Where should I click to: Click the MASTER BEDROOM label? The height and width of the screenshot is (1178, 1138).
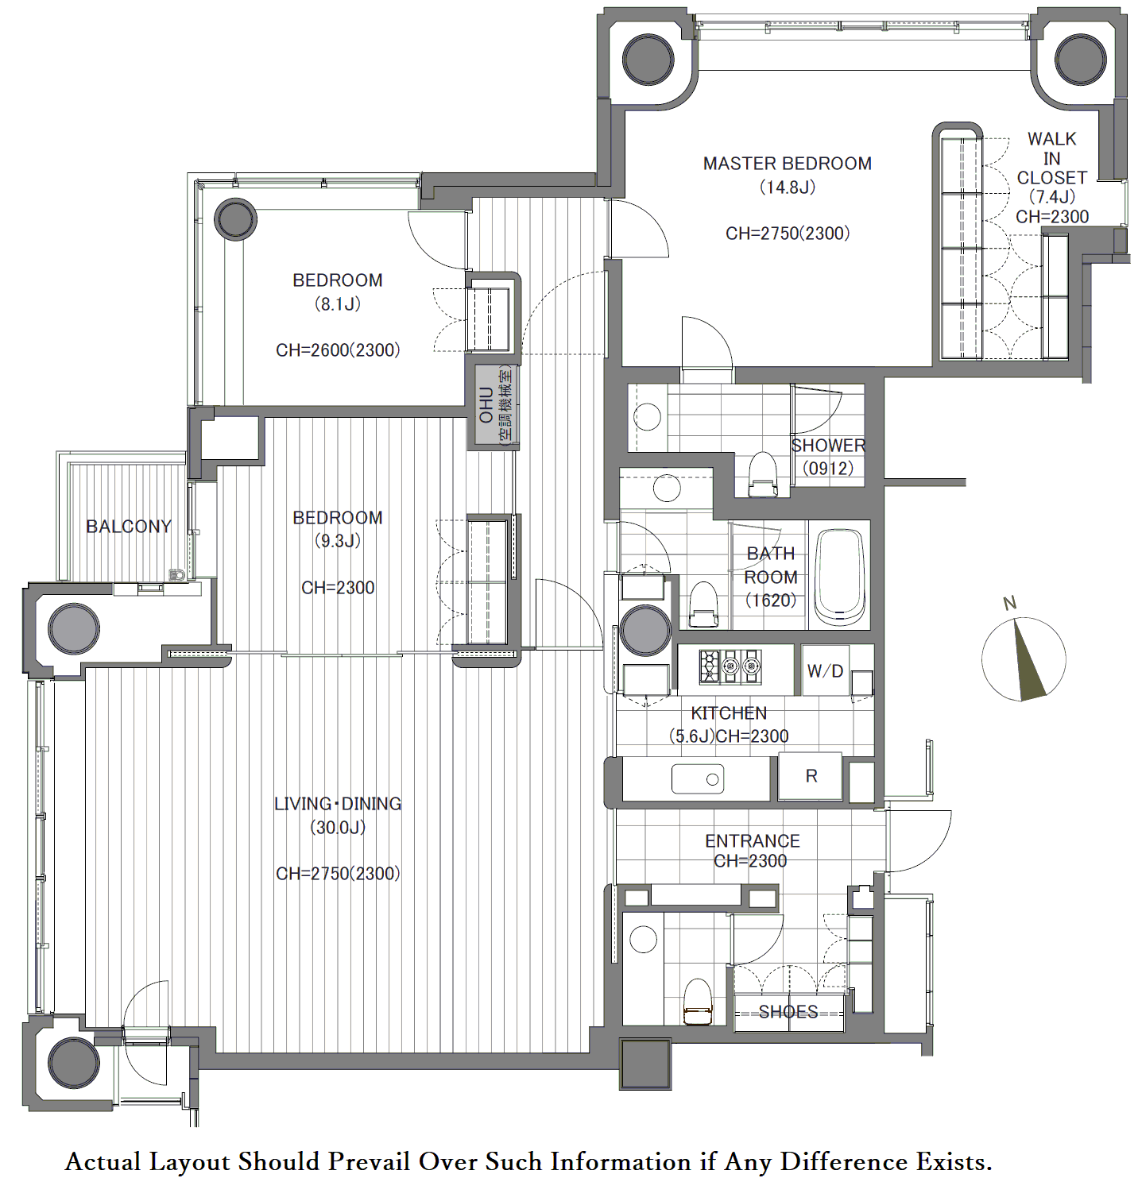pyautogui.click(x=787, y=164)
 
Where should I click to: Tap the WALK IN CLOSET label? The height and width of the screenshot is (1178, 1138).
pyautogui.click(x=1051, y=158)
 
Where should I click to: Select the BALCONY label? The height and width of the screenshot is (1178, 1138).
pyautogui.click(x=129, y=526)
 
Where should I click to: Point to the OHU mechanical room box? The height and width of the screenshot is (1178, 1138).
pyautogui.click(x=494, y=406)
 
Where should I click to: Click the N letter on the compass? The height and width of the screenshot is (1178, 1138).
pyautogui.click(x=1009, y=603)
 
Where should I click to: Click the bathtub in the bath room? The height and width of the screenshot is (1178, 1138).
pyautogui.click(x=839, y=576)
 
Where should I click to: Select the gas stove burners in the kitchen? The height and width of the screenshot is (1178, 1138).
pyautogui.click(x=730, y=666)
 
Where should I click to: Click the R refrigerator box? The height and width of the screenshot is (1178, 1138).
pyautogui.click(x=810, y=775)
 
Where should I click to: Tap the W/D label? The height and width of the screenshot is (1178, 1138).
pyautogui.click(x=825, y=670)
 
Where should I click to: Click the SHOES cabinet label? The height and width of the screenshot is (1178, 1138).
pyautogui.click(x=788, y=1011)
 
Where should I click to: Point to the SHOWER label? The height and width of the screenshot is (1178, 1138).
pyautogui.click(x=828, y=446)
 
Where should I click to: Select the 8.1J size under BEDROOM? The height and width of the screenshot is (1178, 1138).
pyautogui.click(x=337, y=304)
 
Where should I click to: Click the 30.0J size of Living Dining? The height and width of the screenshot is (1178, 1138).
pyautogui.click(x=337, y=828)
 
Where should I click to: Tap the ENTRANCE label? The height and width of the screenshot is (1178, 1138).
pyautogui.click(x=753, y=841)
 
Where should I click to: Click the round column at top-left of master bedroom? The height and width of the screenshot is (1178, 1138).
pyautogui.click(x=648, y=60)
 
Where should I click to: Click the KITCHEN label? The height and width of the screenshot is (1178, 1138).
pyautogui.click(x=729, y=713)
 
